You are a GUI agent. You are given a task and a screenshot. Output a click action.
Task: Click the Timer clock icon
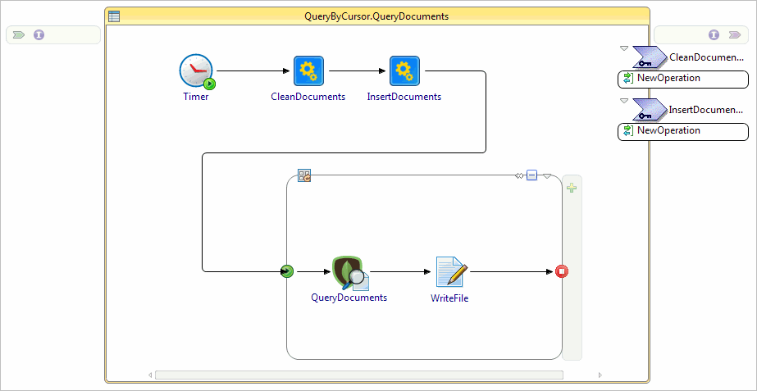(196, 71)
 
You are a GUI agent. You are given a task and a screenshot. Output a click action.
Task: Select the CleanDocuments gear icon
(308, 71)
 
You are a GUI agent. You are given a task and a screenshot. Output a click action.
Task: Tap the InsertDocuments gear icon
(404, 71)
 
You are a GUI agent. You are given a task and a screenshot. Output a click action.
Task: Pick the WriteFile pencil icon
(450, 272)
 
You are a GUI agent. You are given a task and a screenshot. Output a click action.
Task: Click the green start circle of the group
(287, 271)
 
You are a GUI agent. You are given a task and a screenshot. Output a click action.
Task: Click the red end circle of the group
(562, 271)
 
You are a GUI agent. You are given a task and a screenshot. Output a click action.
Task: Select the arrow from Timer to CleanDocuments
(254, 71)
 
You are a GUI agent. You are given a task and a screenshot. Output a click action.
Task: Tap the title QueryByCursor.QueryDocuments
(376, 16)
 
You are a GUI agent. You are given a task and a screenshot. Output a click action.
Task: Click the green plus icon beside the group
(572, 188)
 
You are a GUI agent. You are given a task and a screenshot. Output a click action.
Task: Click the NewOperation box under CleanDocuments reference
(682, 79)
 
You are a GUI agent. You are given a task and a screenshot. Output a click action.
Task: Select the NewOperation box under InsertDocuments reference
(682, 131)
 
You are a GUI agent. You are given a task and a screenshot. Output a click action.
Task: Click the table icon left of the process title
(114, 16)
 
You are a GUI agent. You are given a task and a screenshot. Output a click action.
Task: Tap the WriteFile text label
(449, 298)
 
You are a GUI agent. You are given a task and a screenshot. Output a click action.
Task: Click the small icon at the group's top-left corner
(304, 175)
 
